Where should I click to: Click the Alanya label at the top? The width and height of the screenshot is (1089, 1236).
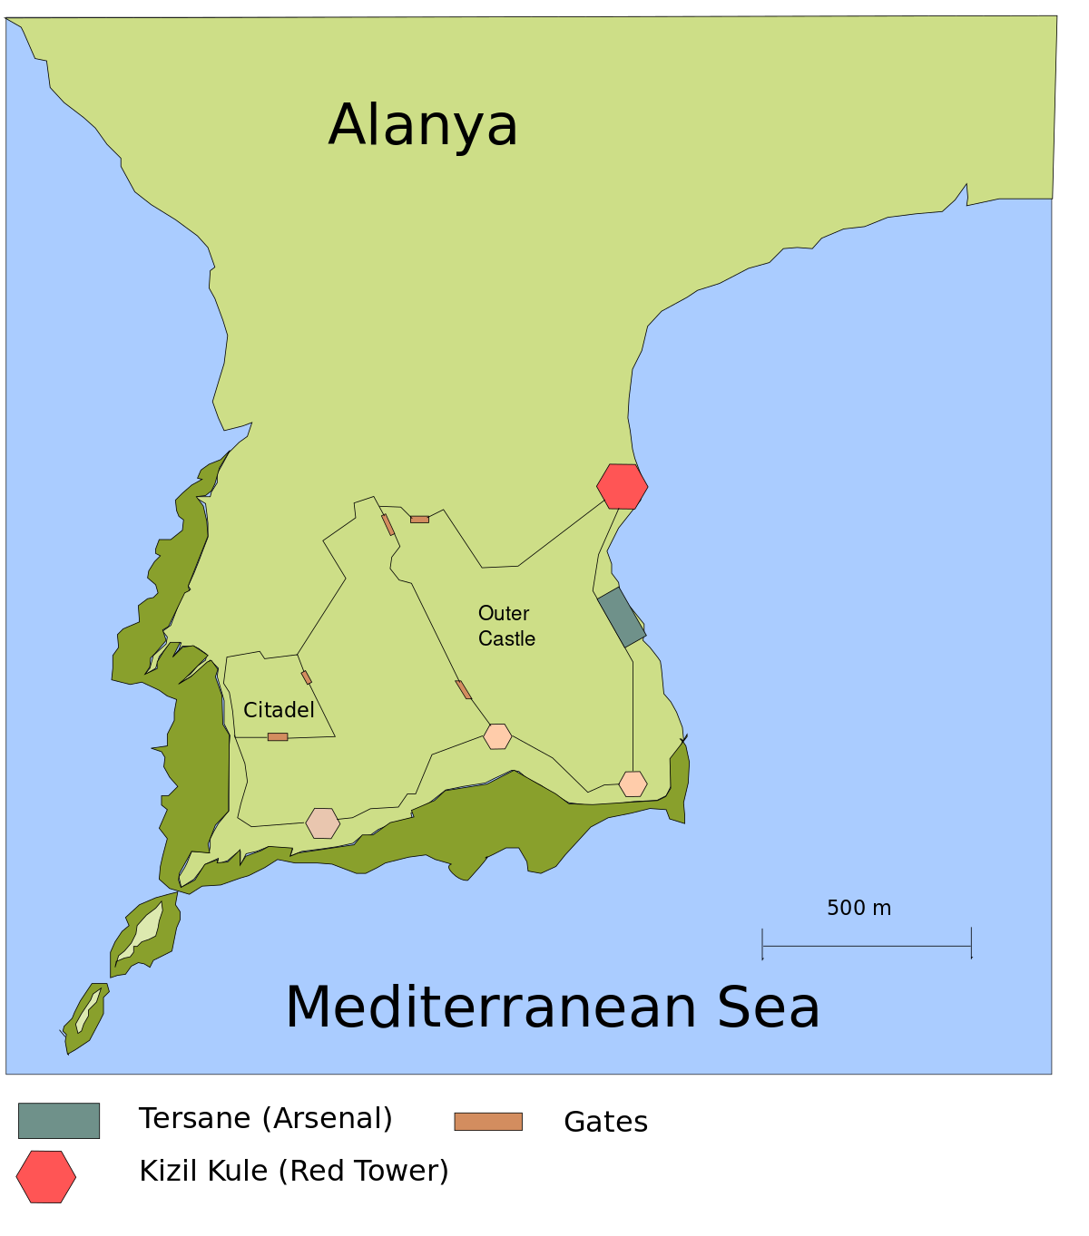[423, 125]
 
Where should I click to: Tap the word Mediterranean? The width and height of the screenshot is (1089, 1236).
[491, 1007]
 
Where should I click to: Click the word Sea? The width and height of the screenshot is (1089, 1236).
[769, 1007]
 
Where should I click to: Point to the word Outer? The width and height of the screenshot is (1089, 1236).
[504, 614]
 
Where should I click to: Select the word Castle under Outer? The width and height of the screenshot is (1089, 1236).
[506, 639]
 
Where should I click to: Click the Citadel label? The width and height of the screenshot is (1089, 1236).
[279, 710]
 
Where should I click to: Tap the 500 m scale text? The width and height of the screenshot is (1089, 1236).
[858, 908]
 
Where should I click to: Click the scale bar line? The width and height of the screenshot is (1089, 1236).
[867, 946]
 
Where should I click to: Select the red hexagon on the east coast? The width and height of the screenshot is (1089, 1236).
[623, 486]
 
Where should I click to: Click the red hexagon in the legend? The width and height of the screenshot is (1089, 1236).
[46, 1177]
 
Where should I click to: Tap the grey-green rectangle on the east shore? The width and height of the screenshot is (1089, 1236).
[622, 617]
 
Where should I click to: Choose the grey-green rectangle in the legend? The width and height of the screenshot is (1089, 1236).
[59, 1121]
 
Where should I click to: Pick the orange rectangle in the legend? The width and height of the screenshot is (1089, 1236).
[488, 1122]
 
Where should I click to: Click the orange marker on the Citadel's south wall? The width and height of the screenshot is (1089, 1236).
[278, 737]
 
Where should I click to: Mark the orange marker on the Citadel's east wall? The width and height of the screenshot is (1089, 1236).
[307, 677]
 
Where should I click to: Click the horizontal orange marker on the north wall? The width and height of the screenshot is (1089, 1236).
[419, 520]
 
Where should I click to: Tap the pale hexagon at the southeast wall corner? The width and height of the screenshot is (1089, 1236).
[633, 783]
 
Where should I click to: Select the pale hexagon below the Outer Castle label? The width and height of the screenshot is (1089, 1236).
[497, 736]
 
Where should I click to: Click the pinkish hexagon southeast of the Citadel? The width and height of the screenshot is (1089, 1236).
[323, 823]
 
